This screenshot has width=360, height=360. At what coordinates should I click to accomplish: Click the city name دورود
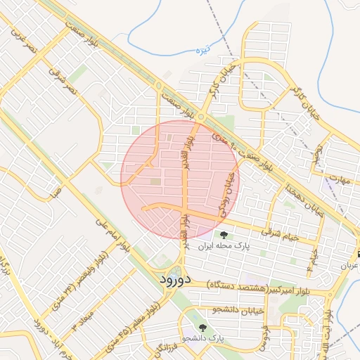click(166, 280)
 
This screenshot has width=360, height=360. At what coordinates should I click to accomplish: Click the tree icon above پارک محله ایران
click(224, 235)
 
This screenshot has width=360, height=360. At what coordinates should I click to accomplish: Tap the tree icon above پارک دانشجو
click(202, 327)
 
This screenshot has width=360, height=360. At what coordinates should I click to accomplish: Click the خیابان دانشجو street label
click(237, 309)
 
